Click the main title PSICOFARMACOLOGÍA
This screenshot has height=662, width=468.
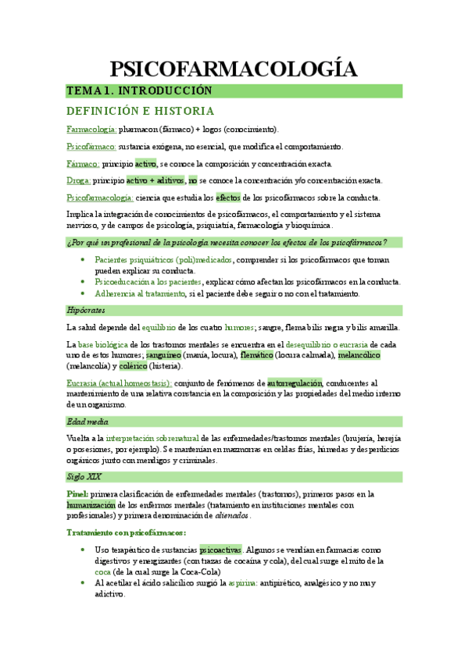pos(234,69)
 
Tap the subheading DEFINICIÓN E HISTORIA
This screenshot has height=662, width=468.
pos(141,111)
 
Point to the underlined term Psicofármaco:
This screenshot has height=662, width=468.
pos(92,147)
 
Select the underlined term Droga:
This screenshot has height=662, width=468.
pos(80,180)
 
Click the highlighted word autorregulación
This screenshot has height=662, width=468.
pos(295,383)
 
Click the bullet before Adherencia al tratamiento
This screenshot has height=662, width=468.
pos(83,294)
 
